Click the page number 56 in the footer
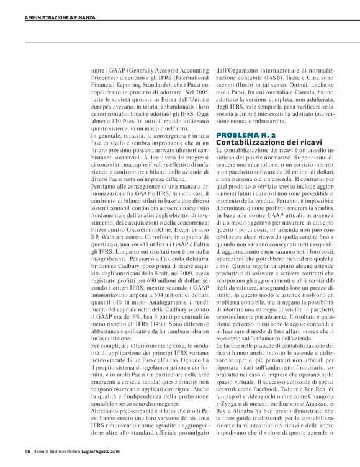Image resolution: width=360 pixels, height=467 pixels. [x=28, y=450]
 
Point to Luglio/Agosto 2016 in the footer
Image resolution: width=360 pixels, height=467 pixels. [x=112, y=450]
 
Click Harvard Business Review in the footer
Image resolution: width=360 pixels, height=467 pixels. [x=60, y=450]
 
